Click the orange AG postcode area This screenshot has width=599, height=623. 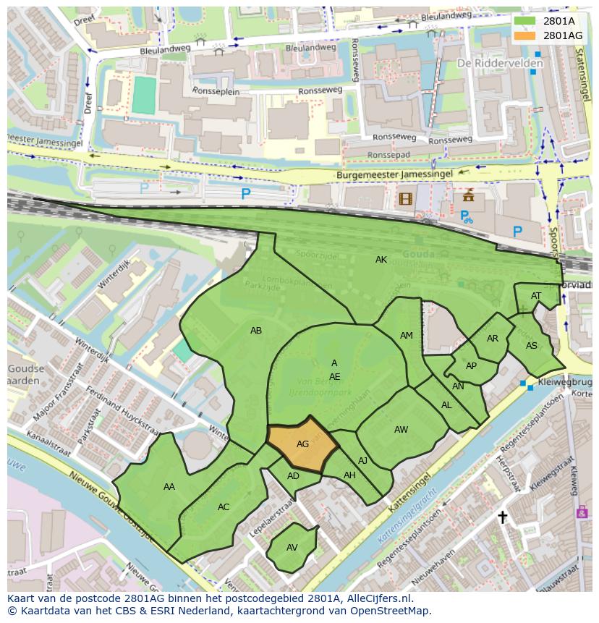pos(302,444)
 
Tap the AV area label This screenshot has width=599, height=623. pos(292,548)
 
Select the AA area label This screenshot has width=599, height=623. pos(169,487)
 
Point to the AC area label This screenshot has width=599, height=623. pos(224,507)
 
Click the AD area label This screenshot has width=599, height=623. pos(293,476)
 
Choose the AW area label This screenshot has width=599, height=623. pos(401,430)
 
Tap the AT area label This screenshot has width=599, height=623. pos(536,296)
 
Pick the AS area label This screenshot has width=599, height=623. pos(532,346)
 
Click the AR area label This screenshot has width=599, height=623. pos(493,339)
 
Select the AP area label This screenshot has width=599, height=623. pos(471,366)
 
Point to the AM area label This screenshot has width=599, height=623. pos(407,336)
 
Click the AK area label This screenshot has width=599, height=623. pos(381,260)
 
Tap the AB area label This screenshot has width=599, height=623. pos(256,331)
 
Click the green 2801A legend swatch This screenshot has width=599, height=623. pos(525,21)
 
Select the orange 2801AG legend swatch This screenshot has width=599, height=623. pos(525,35)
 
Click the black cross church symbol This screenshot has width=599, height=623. pos(503,517)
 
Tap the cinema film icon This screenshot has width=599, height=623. pos(405,198)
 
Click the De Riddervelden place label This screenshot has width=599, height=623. pos(490,63)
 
